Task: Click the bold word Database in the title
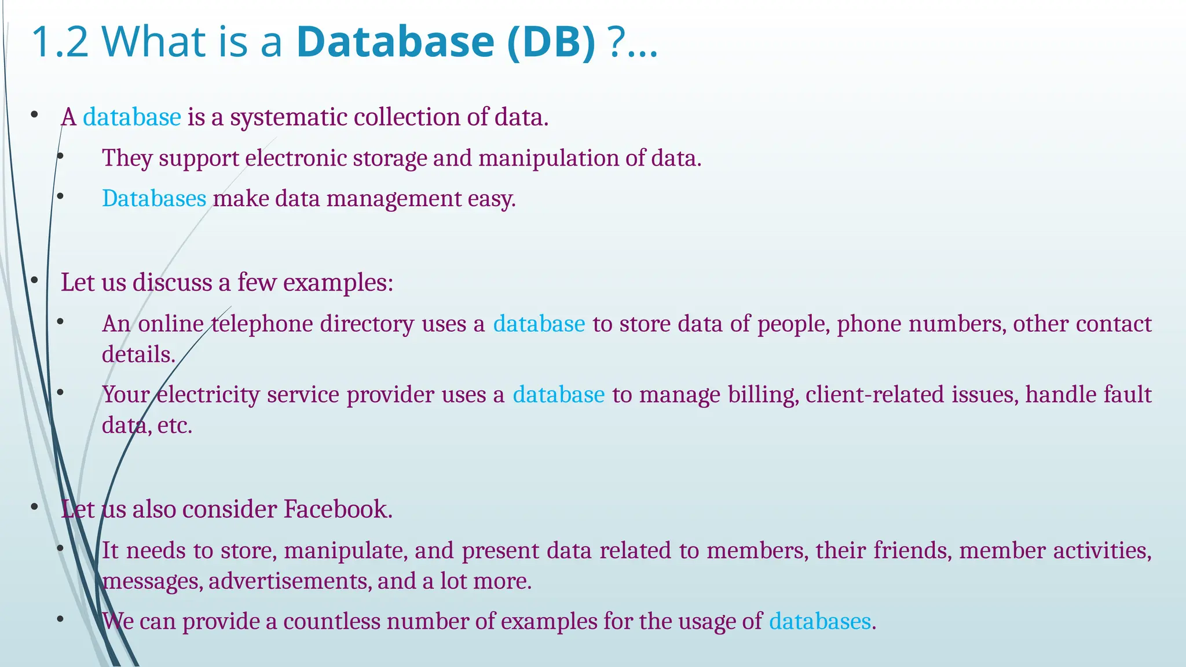[x=395, y=42]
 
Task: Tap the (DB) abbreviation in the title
[x=550, y=42]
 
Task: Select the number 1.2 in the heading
[x=60, y=42]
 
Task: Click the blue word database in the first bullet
[x=132, y=117]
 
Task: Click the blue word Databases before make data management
[x=154, y=199]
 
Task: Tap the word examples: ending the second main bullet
[x=338, y=283]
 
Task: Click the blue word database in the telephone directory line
[x=539, y=324]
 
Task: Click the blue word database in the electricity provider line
[x=559, y=395]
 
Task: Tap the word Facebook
[x=338, y=510]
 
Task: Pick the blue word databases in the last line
[x=820, y=621]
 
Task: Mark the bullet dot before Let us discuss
[x=35, y=281]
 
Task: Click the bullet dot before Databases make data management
[x=60, y=197]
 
